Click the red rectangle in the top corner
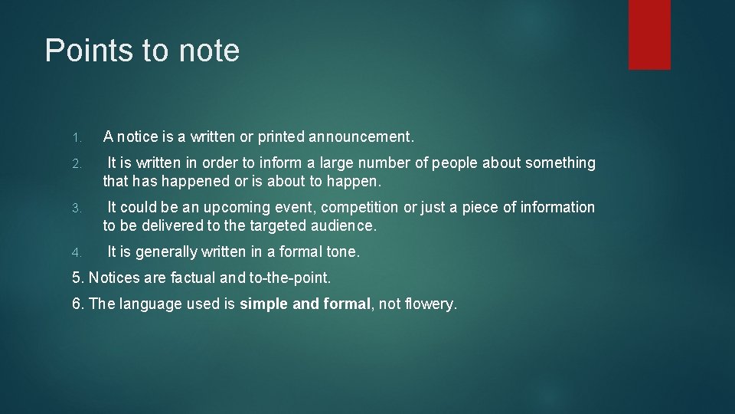pos(649,34)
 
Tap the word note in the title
pos(209,51)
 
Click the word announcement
pos(361,137)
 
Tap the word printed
pos(280,137)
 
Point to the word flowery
pos(430,304)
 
